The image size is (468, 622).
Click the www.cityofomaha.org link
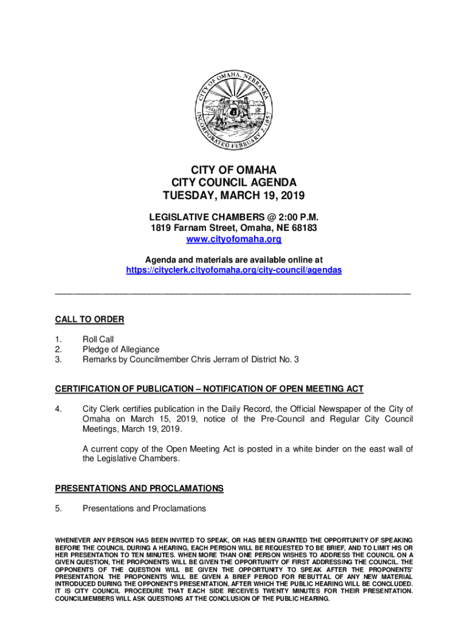pyautogui.click(x=233, y=239)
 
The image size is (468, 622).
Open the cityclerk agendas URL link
pyautogui.click(x=233, y=270)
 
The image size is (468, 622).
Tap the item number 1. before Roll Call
pyautogui.click(x=58, y=340)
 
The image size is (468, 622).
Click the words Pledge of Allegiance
pyautogui.click(x=121, y=349)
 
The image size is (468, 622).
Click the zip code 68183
pyautogui.click(x=303, y=228)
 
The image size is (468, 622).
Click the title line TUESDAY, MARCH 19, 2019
pyautogui.click(x=233, y=196)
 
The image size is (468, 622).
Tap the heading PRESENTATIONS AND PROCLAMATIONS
pyautogui.click(x=139, y=488)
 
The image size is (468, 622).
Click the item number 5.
pyautogui.click(x=58, y=508)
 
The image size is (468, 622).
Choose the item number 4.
pyautogui.click(x=58, y=409)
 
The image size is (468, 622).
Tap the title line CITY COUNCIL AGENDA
pyautogui.click(x=233, y=182)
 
